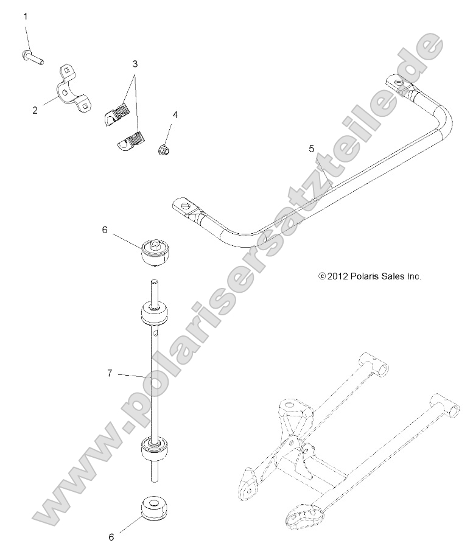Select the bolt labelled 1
pyautogui.click(x=31, y=58)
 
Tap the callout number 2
pyautogui.click(x=35, y=110)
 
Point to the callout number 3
pyautogui.click(x=135, y=63)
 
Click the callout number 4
pyautogui.click(x=175, y=114)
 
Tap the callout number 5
pyautogui.click(x=311, y=148)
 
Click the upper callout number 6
pyautogui.click(x=104, y=229)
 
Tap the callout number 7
pyautogui.click(x=110, y=373)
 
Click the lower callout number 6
pyautogui.click(x=111, y=538)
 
